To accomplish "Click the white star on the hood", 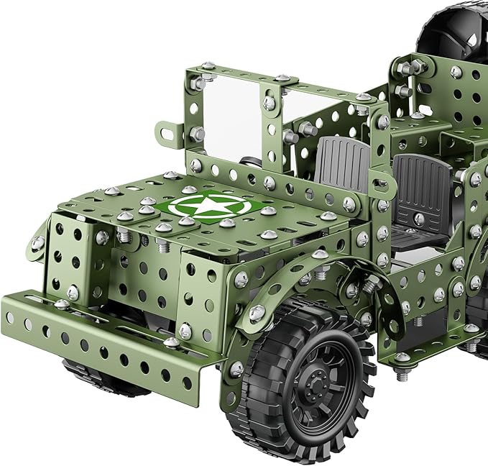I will click(194, 207).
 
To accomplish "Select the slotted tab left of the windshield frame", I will click(170, 131).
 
